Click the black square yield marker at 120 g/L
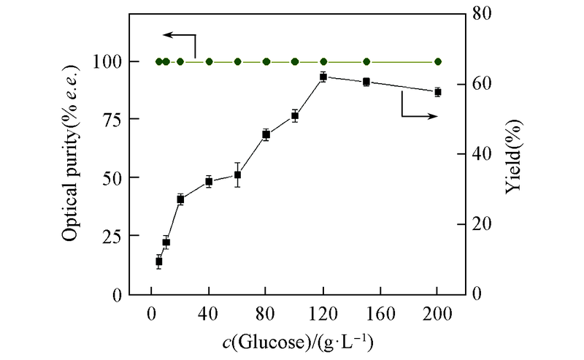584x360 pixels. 323,77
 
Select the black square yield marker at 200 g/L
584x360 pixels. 438,92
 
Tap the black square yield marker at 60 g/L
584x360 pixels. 237,175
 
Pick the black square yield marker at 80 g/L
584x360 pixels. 266,134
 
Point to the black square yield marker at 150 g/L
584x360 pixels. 366,82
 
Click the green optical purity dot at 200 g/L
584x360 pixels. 438,61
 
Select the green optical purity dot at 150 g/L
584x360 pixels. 366,61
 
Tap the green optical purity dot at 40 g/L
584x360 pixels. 209,61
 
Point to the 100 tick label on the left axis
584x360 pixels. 109,62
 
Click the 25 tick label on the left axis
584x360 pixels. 112,236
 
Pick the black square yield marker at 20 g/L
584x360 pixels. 180,199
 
